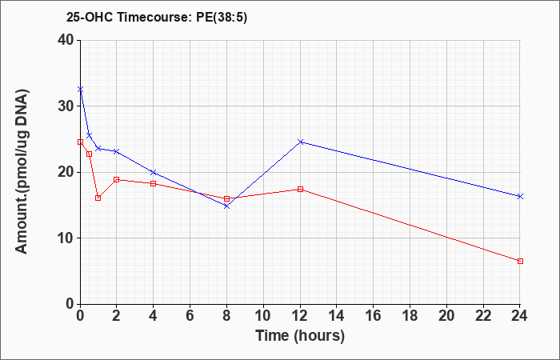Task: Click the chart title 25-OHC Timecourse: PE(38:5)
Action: coord(157,17)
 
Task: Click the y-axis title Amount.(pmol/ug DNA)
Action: coord(22,172)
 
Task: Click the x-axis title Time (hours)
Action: coord(300,336)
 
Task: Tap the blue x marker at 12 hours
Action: coord(300,142)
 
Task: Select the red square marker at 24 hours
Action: coord(520,261)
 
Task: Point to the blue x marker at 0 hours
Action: coord(80,89)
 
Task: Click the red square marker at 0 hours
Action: coord(80,142)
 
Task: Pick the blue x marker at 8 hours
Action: coord(226,206)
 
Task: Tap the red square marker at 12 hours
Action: coord(300,189)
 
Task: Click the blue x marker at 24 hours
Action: coord(520,196)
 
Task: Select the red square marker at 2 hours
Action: coord(117,179)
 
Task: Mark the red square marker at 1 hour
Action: coord(98,198)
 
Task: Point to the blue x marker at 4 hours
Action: coord(154,172)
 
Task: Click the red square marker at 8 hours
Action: coord(226,198)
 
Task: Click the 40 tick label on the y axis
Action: coord(66,40)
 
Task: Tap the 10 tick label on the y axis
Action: coord(66,238)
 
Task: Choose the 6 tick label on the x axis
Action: coord(190,316)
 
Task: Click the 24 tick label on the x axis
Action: coord(520,316)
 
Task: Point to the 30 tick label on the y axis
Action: coord(66,106)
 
